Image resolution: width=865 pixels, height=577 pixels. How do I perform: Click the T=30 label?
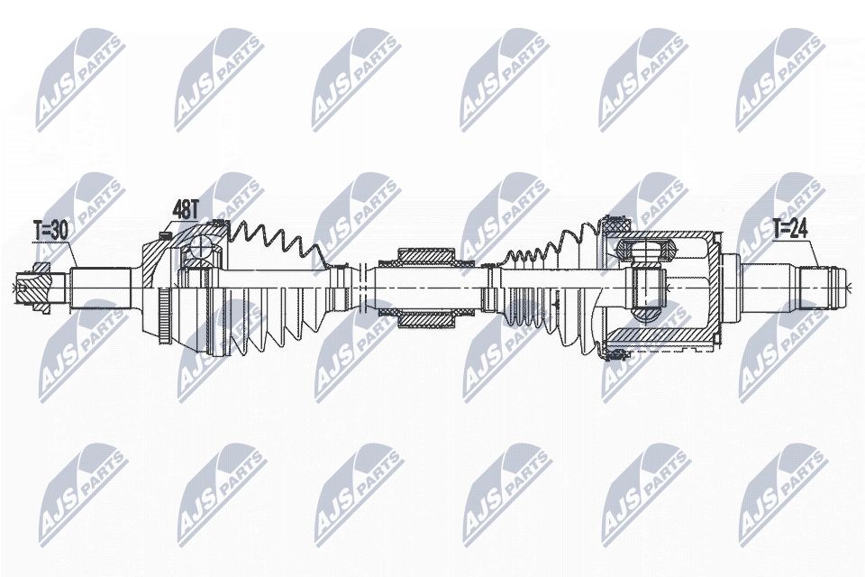tap(50, 232)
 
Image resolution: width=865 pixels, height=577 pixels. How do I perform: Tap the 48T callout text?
tap(186, 210)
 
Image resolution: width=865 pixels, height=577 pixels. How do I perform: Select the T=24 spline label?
tap(789, 229)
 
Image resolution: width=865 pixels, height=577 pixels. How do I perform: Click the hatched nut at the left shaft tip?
tap(34, 287)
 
